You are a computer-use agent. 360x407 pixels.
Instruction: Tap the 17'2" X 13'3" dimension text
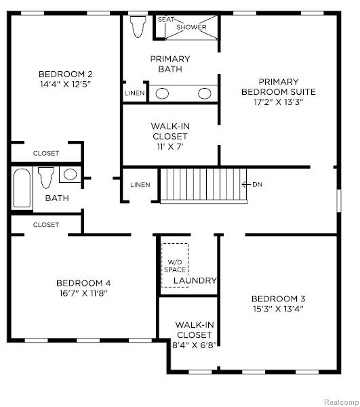[279, 102]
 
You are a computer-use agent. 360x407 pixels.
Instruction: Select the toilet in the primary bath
[138, 27]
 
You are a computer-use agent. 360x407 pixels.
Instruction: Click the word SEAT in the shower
[166, 19]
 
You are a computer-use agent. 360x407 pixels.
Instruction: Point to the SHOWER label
[191, 27]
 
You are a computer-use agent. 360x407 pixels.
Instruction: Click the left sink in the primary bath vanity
[162, 93]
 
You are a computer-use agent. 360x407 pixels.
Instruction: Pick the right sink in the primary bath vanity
[205, 93]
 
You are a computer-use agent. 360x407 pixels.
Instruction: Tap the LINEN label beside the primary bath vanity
[134, 93]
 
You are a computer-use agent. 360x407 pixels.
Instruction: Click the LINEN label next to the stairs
[140, 185]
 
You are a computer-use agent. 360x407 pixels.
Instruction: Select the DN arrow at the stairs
[252, 185]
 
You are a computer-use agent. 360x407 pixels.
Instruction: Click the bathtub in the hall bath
[22, 188]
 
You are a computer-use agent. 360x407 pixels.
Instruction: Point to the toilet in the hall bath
[46, 177]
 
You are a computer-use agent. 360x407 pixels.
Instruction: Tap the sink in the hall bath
[71, 174]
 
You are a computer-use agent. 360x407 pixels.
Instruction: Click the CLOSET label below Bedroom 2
[46, 153]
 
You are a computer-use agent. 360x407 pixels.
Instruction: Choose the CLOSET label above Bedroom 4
[46, 225]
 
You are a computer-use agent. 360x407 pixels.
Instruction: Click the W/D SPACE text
[175, 266]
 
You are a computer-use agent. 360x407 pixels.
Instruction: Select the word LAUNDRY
[195, 280]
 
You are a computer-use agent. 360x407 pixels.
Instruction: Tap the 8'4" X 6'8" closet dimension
[195, 345]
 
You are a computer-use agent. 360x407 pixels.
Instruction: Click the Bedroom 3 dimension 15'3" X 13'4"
[279, 309]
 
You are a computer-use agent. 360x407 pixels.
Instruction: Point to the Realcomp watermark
[342, 402]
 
